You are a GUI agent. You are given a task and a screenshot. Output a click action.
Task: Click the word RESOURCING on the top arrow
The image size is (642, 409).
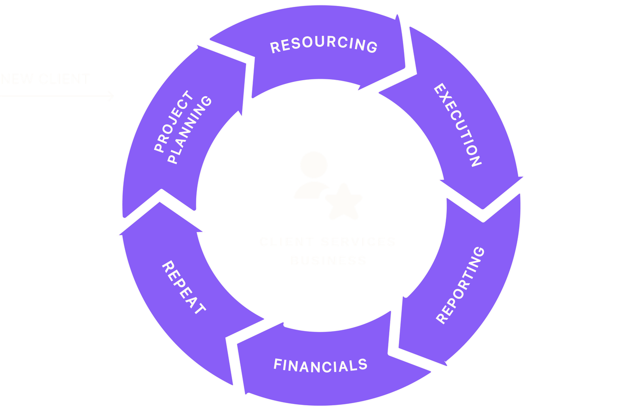[x=324, y=45]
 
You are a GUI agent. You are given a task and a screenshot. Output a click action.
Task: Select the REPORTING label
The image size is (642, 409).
[x=460, y=285]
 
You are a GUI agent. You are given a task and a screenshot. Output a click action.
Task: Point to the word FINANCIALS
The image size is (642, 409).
[x=321, y=365]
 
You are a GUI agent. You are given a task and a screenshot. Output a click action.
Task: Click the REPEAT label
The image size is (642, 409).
[x=184, y=287]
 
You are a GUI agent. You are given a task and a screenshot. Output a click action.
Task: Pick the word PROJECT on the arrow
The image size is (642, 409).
[x=173, y=122]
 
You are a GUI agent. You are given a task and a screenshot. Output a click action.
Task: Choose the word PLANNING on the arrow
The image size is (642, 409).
[x=190, y=130]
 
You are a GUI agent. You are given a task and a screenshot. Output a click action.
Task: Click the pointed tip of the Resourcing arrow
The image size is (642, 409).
[x=406, y=69]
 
